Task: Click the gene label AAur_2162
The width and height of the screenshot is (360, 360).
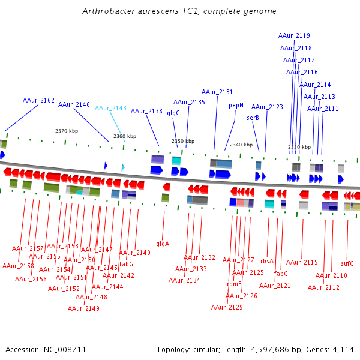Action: click(x=38, y=100)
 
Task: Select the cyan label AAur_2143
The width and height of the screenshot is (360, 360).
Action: click(x=111, y=108)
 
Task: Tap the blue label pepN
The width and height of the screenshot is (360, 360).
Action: click(x=236, y=105)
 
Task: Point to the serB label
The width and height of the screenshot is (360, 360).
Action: click(x=253, y=118)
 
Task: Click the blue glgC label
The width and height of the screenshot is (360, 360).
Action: click(x=173, y=113)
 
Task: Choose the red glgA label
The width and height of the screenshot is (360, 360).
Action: click(x=163, y=244)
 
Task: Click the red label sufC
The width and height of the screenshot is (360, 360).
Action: click(x=347, y=263)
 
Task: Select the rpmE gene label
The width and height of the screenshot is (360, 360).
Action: click(x=234, y=284)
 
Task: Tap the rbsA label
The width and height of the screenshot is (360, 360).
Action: click(x=267, y=261)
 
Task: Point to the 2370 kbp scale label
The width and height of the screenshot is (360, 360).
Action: click(x=67, y=131)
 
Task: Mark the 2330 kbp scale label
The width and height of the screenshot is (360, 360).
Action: click(x=299, y=147)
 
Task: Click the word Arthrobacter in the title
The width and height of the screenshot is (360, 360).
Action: click(x=108, y=11)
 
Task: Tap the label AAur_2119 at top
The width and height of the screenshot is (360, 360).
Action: click(x=295, y=35)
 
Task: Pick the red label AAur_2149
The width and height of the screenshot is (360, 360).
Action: click(x=83, y=308)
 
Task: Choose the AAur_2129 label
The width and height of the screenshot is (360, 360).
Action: click(x=227, y=307)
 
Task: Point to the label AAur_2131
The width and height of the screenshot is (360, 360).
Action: click(x=217, y=92)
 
